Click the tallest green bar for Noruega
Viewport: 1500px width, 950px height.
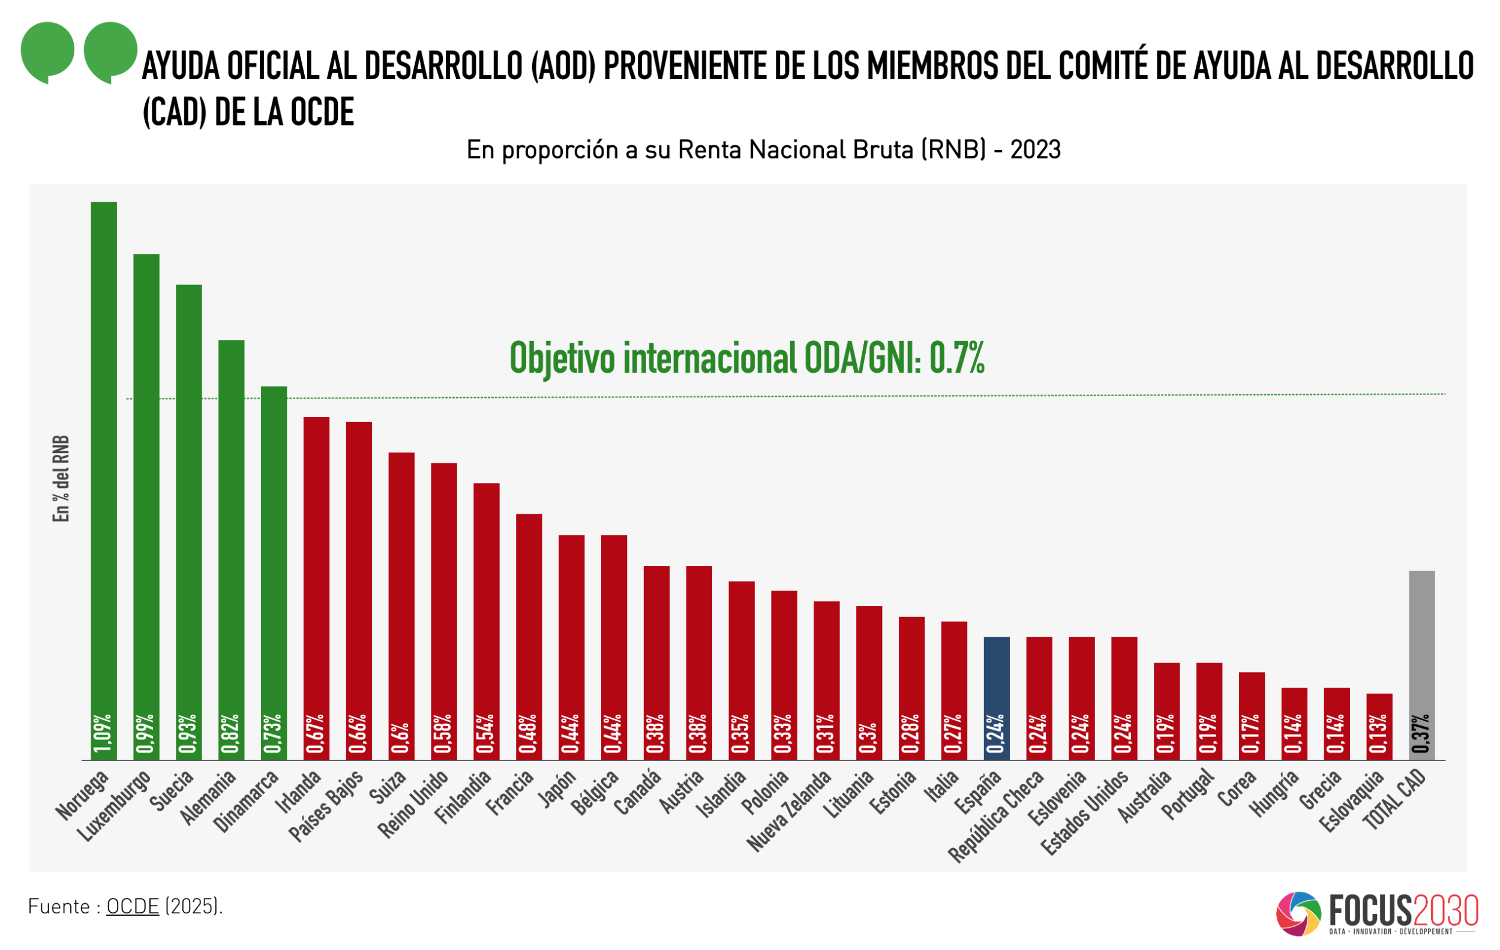(x=103, y=480)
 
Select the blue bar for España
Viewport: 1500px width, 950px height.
(x=996, y=698)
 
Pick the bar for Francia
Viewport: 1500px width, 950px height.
(x=529, y=636)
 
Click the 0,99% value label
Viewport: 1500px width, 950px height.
(x=146, y=733)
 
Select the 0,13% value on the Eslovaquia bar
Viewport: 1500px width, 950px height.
(x=1379, y=733)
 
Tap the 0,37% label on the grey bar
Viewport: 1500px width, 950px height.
(x=1421, y=733)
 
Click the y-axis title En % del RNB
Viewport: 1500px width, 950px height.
(x=61, y=478)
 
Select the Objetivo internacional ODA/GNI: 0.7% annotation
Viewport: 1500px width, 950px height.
(x=746, y=358)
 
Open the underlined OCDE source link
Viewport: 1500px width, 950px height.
(x=133, y=906)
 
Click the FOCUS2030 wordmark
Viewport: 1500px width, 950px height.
(x=1403, y=911)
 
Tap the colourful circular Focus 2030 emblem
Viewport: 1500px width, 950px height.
(x=1298, y=914)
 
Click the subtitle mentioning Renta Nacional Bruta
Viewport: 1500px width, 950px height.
(x=763, y=150)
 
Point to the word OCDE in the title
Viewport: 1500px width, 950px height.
(x=322, y=112)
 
